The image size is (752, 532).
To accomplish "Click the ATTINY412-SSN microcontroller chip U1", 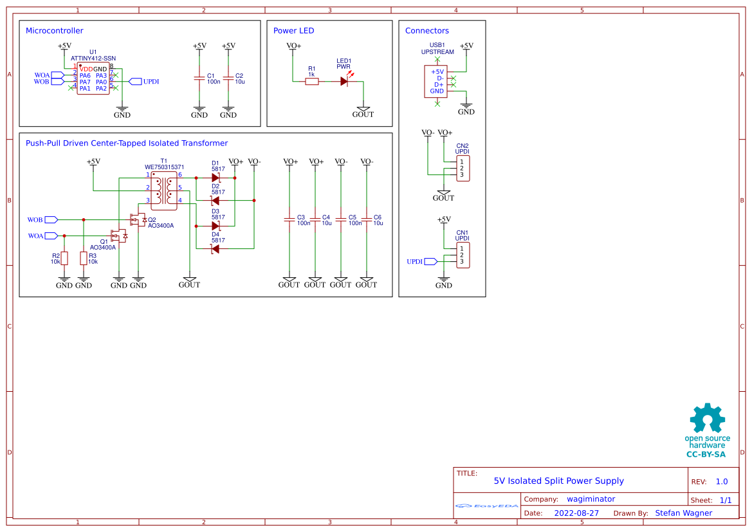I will point(93,78).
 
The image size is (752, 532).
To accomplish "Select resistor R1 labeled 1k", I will point(311,81).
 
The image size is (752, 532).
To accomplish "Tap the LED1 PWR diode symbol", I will point(344,81).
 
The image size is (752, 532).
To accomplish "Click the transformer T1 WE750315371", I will point(163,190).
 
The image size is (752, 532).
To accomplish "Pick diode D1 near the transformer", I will point(216,177).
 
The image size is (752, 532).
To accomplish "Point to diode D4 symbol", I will point(216,249).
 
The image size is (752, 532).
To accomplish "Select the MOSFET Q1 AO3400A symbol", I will point(119,235).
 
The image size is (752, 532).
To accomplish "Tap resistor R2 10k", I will point(64,258).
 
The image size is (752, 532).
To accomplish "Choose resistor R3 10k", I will point(84,258).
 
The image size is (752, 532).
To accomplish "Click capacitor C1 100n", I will point(199,78).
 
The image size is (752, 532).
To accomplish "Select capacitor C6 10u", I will point(367,220).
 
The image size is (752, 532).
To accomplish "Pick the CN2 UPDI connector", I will point(463,168).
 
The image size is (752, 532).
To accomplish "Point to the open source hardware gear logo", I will point(707,419).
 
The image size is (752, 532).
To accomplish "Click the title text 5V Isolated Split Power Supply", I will point(558,481).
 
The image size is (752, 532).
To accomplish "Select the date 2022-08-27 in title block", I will point(576,513).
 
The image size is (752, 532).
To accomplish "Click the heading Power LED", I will point(293,30).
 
